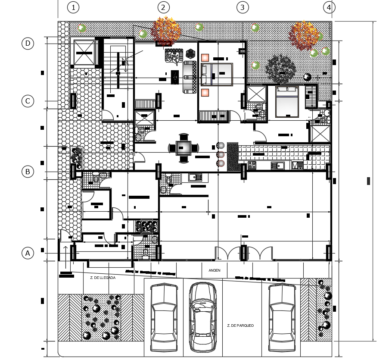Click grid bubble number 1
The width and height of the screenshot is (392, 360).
click(x=74, y=7)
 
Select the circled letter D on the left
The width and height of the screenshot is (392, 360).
click(x=28, y=44)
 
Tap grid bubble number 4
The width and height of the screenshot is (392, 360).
click(x=329, y=7)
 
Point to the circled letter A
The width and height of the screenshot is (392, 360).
click(x=28, y=253)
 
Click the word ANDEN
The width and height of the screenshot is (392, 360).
click(x=215, y=271)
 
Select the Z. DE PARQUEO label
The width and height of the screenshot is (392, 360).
click(x=240, y=326)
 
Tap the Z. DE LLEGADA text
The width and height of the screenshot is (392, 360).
click(x=103, y=278)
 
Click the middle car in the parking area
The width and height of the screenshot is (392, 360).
click(x=202, y=317)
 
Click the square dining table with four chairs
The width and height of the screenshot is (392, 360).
click(x=184, y=148)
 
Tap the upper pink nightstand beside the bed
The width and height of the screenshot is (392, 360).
click(x=205, y=57)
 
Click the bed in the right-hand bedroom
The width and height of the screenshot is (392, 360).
click(x=286, y=102)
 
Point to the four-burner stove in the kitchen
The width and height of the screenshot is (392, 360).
click(x=252, y=165)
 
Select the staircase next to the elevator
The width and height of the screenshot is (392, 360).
click(x=118, y=71)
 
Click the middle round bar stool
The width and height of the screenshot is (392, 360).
click(x=221, y=154)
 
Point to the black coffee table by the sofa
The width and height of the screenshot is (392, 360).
click(x=175, y=77)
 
